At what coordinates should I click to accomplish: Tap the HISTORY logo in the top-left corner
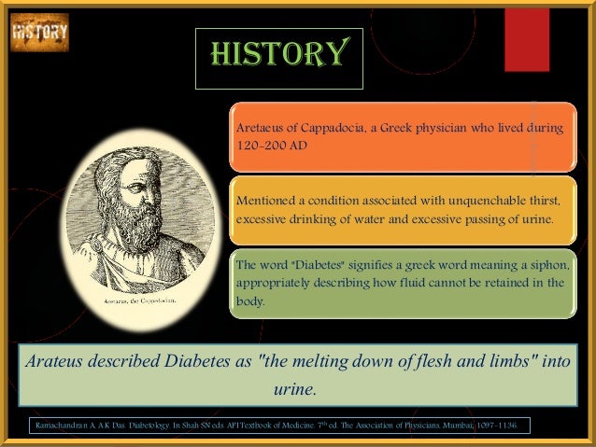39,32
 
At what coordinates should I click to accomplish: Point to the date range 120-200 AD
271,147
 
